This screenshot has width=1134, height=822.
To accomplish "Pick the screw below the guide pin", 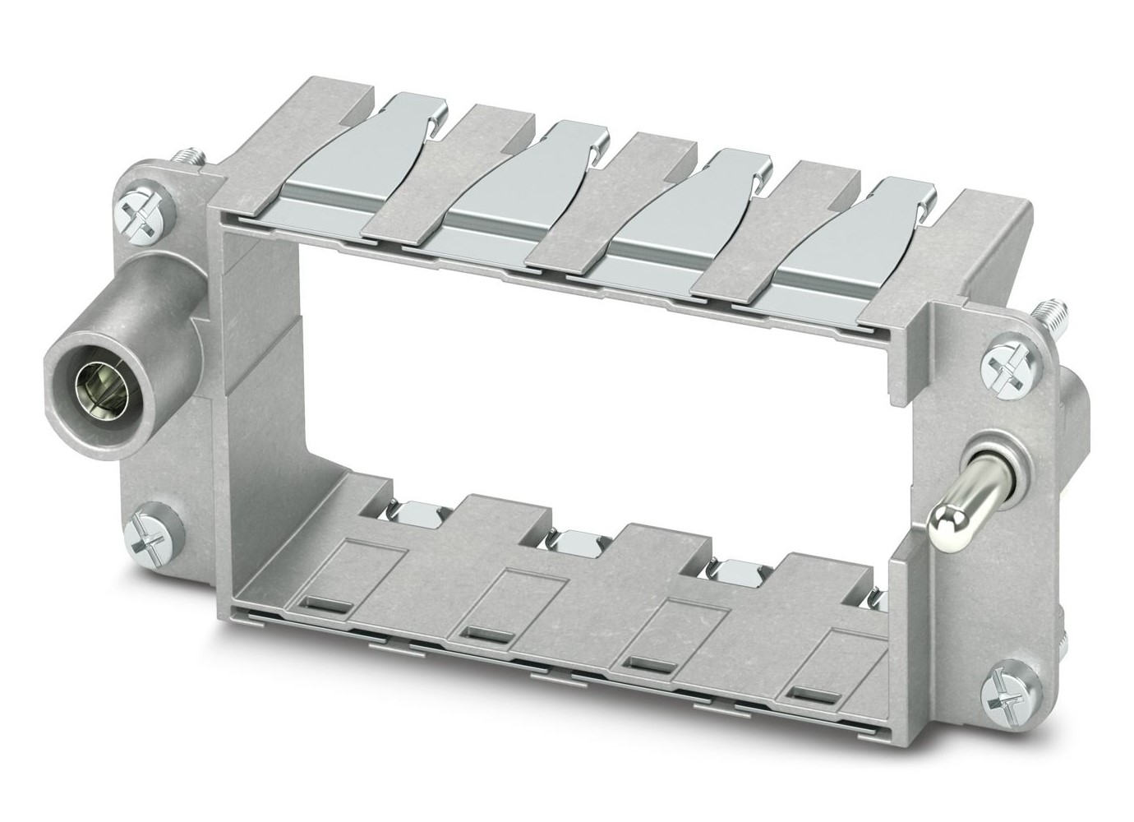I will pyautogui.click(x=1007, y=680).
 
